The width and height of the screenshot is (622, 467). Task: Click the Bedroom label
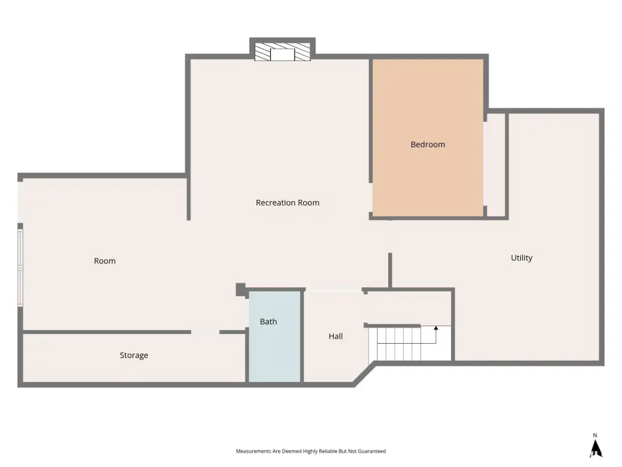click(428, 145)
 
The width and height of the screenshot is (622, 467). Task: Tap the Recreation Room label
click(287, 203)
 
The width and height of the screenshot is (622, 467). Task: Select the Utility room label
click(521, 258)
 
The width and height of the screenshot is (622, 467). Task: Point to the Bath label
click(268, 322)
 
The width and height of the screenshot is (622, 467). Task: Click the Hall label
click(336, 337)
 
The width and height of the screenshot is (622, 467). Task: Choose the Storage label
click(133, 355)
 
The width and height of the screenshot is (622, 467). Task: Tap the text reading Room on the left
click(105, 261)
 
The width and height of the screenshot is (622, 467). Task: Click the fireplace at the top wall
click(282, 52)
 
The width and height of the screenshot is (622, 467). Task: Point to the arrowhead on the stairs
click(436, 328)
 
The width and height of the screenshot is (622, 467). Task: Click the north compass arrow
click(595, 449)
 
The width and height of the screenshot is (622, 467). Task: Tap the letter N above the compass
click(595, 435)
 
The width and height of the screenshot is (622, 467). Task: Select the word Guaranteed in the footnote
click(372, 451)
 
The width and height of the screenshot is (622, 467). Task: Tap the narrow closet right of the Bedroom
click(496, 165)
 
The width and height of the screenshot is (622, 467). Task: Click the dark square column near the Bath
click(241, 289)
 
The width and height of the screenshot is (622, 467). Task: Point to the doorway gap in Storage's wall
click(205, 332)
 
